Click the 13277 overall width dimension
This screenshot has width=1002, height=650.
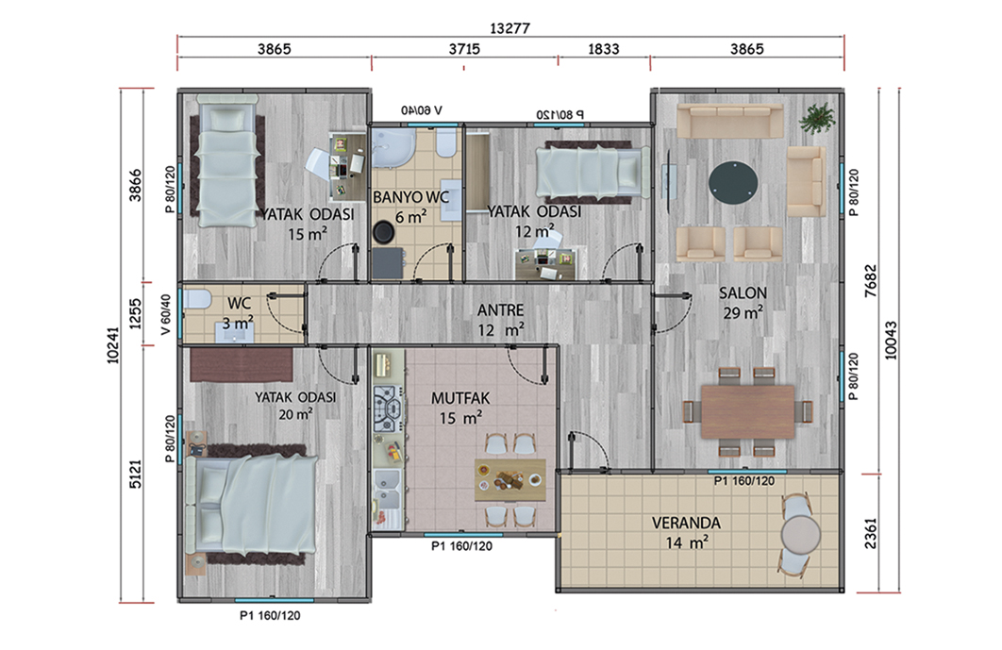509,28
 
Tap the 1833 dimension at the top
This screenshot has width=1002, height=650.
603,49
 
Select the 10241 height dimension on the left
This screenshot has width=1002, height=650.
113,345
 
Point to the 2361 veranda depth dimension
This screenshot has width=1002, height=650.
870,533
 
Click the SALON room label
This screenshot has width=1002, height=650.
743,293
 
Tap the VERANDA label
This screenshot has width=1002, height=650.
686,523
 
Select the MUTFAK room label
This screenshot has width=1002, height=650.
460,398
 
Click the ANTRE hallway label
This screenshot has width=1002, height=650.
500,310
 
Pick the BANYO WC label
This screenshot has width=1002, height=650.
411,197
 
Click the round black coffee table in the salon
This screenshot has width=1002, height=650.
733,182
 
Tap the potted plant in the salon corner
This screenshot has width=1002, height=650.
817,118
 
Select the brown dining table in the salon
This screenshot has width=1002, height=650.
747,411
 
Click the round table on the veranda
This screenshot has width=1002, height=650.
801,534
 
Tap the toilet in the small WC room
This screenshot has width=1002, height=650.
197,299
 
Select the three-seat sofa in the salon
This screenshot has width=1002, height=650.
729,121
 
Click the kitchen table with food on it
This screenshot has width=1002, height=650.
509,480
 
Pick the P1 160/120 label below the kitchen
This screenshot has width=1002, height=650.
461,546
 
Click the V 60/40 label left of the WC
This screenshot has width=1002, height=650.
166,314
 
